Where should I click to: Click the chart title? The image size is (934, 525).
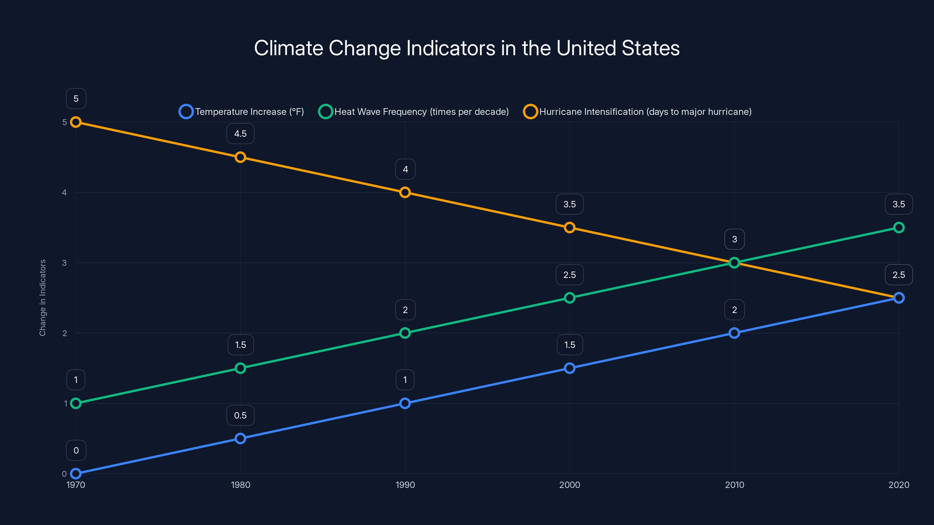[x=467, y=48]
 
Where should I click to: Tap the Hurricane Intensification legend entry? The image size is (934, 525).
[x=637, y=112]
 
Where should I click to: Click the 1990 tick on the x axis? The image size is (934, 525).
[x=405, y=485]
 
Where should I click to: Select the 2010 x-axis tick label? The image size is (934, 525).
[x=734, y=485]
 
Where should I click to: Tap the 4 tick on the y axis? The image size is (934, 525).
[x=65, y=192]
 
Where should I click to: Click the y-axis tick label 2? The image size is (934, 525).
[x=65, y=333]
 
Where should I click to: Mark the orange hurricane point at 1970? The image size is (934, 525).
[x=76, y=122]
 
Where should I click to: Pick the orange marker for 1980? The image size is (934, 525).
[x=241, y=157]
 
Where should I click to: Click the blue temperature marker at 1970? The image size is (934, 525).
[x=76, y=474]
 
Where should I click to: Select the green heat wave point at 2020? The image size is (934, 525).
[x=899, y=228]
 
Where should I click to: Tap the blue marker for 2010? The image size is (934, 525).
[x=734, y=333]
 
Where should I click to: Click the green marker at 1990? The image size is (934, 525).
[x=405, y=333]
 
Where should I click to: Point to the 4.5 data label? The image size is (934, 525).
[x=241, y=134]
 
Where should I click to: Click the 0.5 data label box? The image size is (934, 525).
[x=241, y=415]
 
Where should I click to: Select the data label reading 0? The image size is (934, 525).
[x=76, y=450]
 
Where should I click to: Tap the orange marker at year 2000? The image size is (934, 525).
[x=570, y=228]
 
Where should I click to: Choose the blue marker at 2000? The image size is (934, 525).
[x=570, y=368]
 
